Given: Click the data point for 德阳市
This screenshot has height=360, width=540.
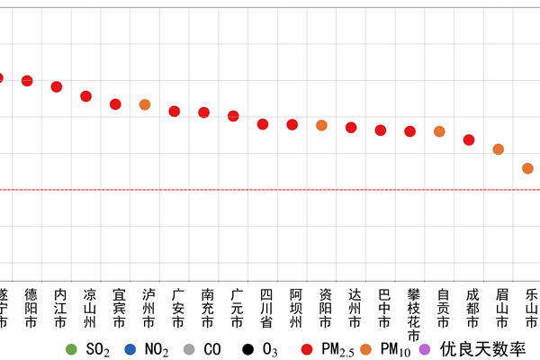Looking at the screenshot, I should tap(27, 81).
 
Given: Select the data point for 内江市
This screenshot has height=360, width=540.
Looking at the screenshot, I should tap(57, 86).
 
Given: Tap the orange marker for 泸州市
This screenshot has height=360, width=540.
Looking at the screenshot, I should tap(145, 104).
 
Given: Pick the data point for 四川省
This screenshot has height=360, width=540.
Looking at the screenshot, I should tap(263, 124).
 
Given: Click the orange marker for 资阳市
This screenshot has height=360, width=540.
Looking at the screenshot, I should tap(321, 125).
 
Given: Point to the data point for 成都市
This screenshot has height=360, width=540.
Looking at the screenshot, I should tap(469, 139).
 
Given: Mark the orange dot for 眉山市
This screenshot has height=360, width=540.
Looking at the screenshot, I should tap(498, 149).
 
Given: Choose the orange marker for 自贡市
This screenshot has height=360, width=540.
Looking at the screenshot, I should tap(439, 131).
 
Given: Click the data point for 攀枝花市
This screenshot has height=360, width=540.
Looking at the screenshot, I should tap(409, 131).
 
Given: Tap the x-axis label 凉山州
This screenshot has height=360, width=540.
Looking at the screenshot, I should tap(88, 307).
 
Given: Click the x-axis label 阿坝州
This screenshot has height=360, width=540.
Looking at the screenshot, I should tap(295, 307).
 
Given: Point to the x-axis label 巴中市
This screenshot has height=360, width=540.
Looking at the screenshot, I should tap(383, 307).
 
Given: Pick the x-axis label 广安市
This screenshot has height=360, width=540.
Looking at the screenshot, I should tap(177, 307).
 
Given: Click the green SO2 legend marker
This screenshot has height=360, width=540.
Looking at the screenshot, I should tap(71, 347).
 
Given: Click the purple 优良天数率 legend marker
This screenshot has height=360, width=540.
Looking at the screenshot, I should tap(426, 347).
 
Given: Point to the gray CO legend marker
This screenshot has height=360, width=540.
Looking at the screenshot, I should tap(189, 347).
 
